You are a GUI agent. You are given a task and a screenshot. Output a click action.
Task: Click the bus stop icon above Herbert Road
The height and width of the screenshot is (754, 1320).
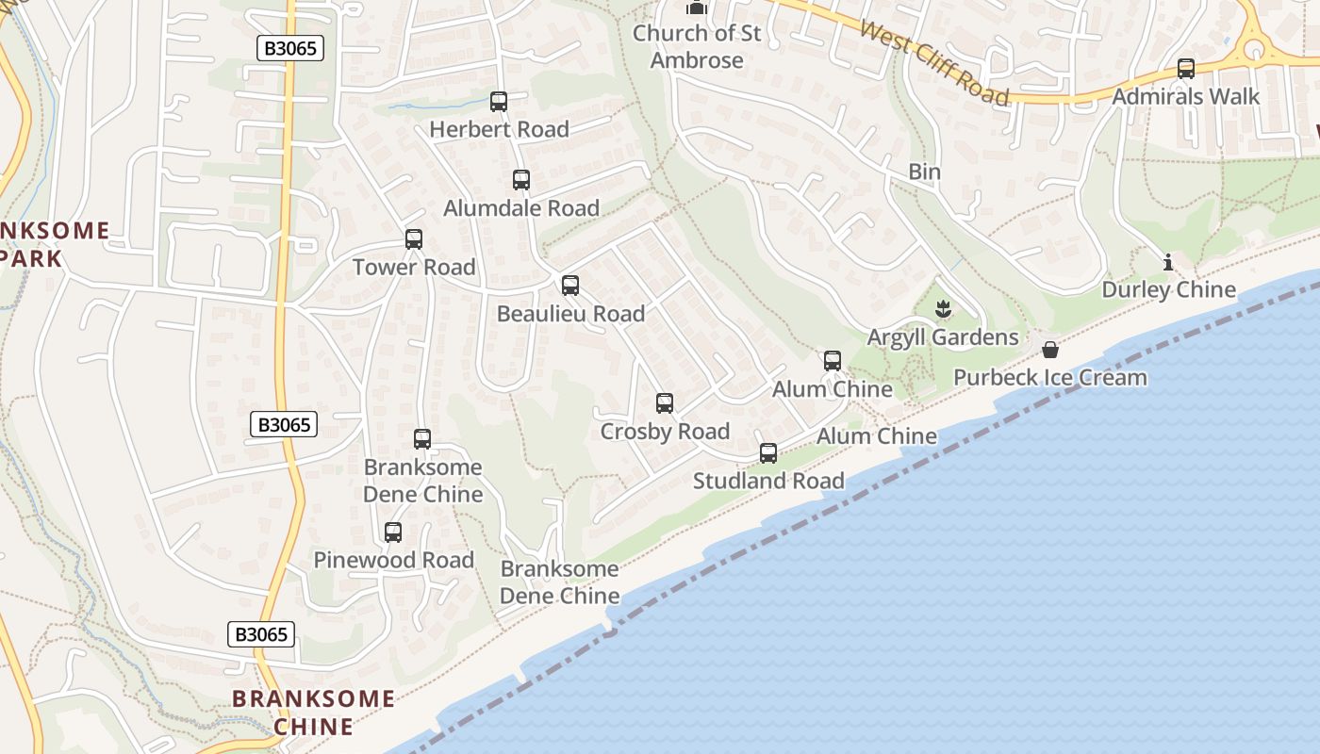tap(499, 102)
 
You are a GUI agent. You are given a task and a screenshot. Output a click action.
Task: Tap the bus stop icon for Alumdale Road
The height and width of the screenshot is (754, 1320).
tap(521, 180)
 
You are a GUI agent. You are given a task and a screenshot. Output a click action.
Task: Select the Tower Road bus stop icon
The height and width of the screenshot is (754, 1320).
tap(414, 239)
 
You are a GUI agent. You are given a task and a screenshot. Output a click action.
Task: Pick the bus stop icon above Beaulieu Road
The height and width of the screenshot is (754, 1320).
tap(570, 286)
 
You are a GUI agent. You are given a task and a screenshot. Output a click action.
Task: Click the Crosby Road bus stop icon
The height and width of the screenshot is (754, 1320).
tap(665, 403)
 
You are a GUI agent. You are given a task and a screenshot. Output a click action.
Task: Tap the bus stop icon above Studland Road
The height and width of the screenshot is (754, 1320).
tap(768, 453)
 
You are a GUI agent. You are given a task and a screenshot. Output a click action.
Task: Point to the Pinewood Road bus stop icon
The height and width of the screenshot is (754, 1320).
tap(393, 533)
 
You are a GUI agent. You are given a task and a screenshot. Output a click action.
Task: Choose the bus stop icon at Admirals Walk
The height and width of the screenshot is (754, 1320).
tap(1186, 69)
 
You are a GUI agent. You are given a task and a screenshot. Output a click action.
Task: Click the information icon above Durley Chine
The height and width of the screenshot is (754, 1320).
tap(1168, 262)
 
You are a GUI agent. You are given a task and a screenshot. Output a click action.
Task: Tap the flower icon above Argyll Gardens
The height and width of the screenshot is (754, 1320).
tap(942, 309)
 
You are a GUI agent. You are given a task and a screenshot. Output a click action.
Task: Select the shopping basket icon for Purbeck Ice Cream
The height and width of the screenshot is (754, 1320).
tap(1050, 350)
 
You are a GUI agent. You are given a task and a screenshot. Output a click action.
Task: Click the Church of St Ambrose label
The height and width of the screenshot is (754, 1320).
tap(697, 46)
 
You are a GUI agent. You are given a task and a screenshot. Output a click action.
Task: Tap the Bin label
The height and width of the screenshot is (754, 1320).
tap(925, 172)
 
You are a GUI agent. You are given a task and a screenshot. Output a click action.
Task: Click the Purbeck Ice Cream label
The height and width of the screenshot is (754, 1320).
tap(1050, 378)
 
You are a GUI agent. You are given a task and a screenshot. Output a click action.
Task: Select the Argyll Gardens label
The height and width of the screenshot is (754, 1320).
tap(943, 337)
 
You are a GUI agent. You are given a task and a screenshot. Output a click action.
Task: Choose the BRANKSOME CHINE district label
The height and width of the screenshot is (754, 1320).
tap(314, 713)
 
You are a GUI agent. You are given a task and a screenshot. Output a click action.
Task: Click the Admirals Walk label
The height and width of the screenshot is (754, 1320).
tap(1186, 97)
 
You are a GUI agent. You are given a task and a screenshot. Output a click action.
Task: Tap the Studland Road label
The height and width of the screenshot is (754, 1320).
tap(768, 481)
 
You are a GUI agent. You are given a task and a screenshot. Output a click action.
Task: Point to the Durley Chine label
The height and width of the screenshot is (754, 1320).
tap(1169, 289)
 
